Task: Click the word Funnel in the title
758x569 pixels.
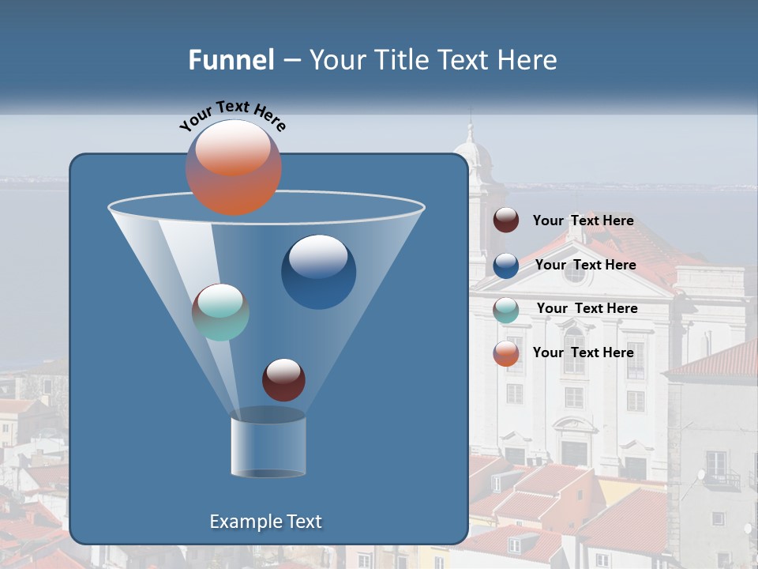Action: click(x=231, y=60)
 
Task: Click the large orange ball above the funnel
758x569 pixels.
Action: click(x=234, y=168)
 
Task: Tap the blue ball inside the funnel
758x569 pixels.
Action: click(x=318, y=272)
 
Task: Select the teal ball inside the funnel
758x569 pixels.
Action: click(x=220, y=312)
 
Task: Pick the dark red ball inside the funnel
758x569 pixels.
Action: click(x=283, y=379)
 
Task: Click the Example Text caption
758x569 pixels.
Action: click(x=266, y=522)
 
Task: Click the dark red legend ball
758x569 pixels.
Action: click(x=506, y=220)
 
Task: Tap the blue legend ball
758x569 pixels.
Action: click(x=506, y=266)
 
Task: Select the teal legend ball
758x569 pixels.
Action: click(x=506, y=310)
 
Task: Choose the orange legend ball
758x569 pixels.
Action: click(x=506, y=353)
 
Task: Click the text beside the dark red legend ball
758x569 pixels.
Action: click(x=583, y=220)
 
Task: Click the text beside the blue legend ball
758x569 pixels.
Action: click(x=585, y=265)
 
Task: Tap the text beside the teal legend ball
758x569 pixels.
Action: click(x=587, y=308)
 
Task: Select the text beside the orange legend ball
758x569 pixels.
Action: click(x=583, y=352)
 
